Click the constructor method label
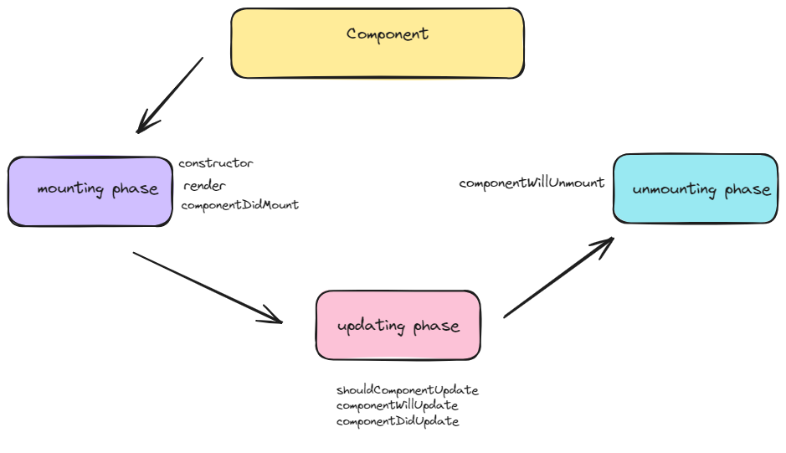point(216,163)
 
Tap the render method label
point(204,186)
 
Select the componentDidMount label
point(239,205)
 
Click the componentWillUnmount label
point(532,183)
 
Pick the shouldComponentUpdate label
point(407,390)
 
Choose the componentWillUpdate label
point(397,405)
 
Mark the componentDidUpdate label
point(398,421)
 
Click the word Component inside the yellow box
point(388,34)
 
